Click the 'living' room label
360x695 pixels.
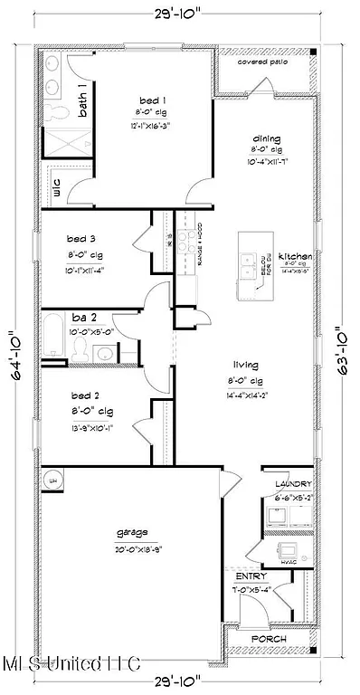(x=245, y=366)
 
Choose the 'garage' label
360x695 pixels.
(x=130, y=532)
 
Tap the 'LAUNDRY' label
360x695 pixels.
(x=288, y=484)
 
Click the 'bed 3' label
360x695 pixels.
(x=82, y=239)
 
